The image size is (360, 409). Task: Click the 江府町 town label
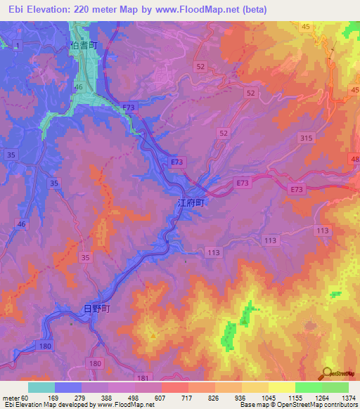(x=190, y=202)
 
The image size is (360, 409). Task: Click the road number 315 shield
(x=306, y=139)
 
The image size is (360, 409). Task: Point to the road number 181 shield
(x=142, y=377)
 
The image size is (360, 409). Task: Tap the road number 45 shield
(x=305, y=26)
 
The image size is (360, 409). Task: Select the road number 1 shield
(x=17, y=44)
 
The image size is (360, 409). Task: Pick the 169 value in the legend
(x=52, y=398)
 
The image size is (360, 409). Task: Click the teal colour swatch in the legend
(x=41, y=387)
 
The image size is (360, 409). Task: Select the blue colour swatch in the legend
(x=67, y=387)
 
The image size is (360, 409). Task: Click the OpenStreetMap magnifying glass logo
(x=326, y=372)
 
